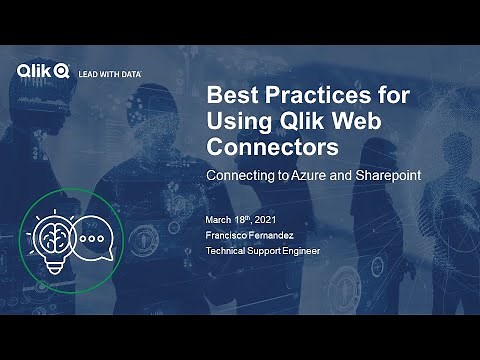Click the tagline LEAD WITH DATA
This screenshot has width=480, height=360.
[x=110, y=73]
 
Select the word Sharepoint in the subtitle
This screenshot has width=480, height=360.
[x=385, y=175]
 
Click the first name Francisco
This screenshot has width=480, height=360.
[x=227, y=234]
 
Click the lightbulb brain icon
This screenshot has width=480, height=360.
[x=51, y=241]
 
